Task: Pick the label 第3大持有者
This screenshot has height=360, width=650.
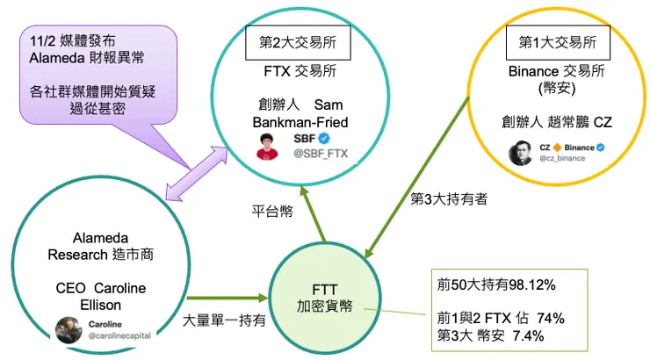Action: tap(449, 198)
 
